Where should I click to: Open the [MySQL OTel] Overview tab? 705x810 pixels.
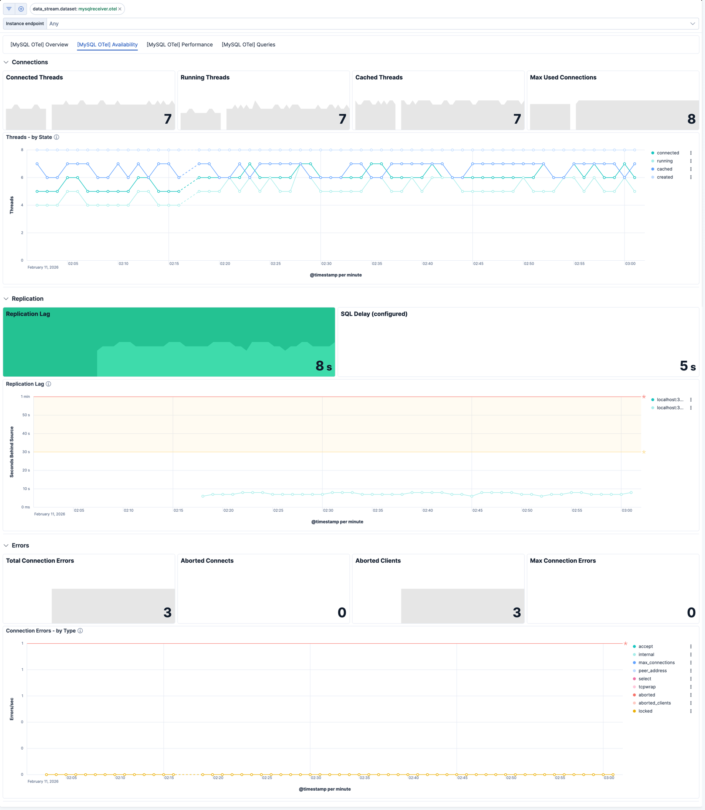pyautogui.click(x=39, y=45)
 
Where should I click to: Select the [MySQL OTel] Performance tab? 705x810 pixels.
pyautogui.click(x=180, y=45)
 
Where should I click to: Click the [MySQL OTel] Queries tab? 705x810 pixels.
pyautogui.click(x=248, y=45)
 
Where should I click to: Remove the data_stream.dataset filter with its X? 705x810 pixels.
pyautogui.click(x=120, y=9)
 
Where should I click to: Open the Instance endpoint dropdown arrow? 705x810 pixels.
pyautogui.click(x=692, y=24)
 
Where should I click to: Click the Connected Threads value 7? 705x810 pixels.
pyautogui.click(x=168, y=119)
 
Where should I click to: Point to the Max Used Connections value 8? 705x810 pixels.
pyautogui.click(x=691, y=119)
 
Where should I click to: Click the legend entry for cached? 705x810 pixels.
pyautogui.click(x=665, y=169)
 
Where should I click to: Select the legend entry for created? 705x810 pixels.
pyautogui.click(x=665, y=177)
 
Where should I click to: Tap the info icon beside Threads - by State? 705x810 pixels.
pyautogui.click(x=57, y=138)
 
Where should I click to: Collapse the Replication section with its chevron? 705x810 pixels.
pyautogui.click(x=6, y=299)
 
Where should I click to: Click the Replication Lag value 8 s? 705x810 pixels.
pyautogui.click(x=323, y=366)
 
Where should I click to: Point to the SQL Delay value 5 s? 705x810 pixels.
pyautogui.click(x=687, y=366)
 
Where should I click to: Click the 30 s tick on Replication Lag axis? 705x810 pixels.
pyautogui.click(x=26, y=452)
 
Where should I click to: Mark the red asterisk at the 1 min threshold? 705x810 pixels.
pyautogui.click(x=644, y=397)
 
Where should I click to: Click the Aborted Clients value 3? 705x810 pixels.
pyautogui.click(x=517, y=612)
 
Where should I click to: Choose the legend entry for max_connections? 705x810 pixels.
pyautogui.click(x=656, y=663)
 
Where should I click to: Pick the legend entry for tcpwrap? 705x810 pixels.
pyautogui.click(x=647, y=687)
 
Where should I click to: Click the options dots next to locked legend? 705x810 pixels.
pyautogui.click(x=691, y=711)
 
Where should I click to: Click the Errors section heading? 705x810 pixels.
pyautogui.click(x=20, y=545)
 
